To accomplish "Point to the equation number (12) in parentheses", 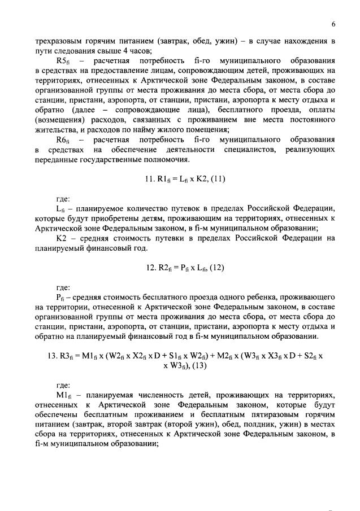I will tap(215, 268).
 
